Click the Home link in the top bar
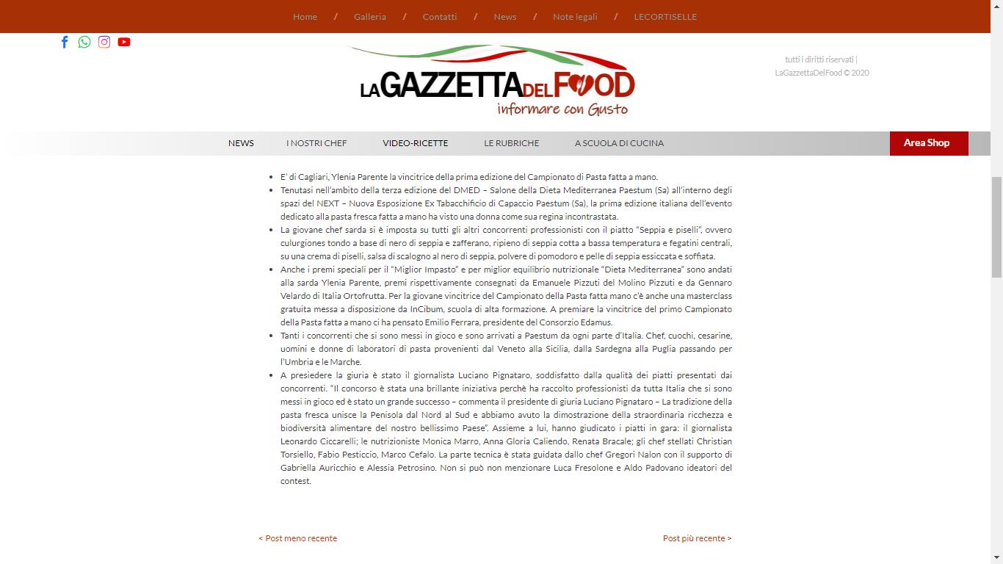click(x=305, y=17)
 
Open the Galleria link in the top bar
click(x=369, y=17)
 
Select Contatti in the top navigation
click(x=439, y=17)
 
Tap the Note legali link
click(x=575, y=17)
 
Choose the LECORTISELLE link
click(x=665, y=17)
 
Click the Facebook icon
click(x=65, y=42)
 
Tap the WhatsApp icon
click(x=84, y=42)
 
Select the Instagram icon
click(x=104, y=42)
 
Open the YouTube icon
click(x=124, y=42)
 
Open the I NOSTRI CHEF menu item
click(x=316, y=143)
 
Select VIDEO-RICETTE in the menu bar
click(x=415, y=143)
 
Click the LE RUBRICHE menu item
click(x=511, y=143)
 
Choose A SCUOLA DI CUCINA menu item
click(x=619, y=143)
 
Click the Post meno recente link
click(x=298, y=538)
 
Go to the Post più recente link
click(x=697, y=538)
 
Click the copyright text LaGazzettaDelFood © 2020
click(x=822, y=73)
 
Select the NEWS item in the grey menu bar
click(x=241, y=143)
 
